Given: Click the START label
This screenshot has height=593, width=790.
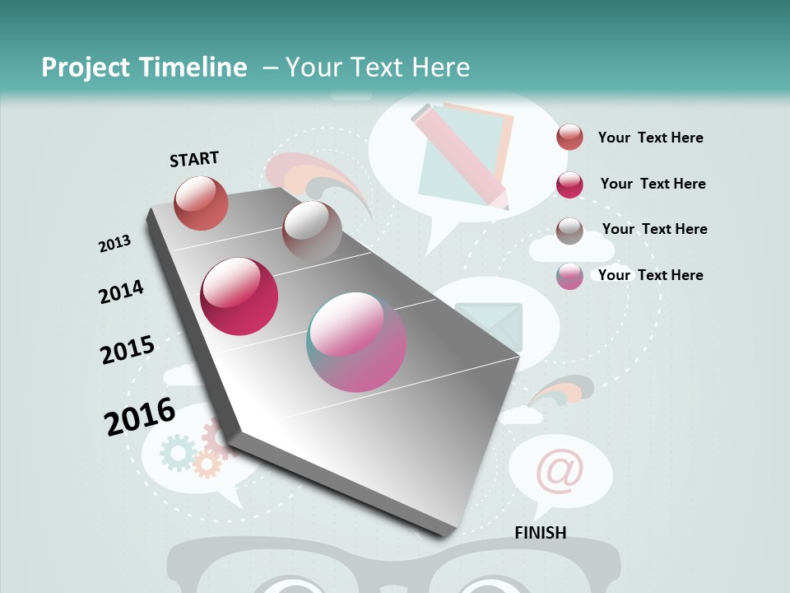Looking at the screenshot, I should tap(194, 158).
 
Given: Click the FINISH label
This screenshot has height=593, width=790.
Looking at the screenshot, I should tap(540, 532).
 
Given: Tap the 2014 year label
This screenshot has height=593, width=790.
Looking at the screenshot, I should tap(121, 292).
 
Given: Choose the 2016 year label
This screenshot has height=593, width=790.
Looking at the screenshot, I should tap(139, 416).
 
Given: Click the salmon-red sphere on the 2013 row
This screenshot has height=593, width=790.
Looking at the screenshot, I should tap(201, 203).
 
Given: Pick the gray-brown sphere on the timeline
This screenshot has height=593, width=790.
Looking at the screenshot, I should tap(312, 231).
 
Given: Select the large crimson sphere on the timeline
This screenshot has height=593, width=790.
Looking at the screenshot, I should tap(239, 296).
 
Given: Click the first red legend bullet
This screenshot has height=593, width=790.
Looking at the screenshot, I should tap(569, 137).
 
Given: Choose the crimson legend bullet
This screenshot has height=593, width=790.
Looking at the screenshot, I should tap(569, 184).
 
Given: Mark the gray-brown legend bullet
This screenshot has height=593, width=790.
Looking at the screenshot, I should tap(569, 230).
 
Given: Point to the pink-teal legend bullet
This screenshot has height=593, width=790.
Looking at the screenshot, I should tap(569, 276).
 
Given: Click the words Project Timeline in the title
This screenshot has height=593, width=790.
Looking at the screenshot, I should tap(144, 68).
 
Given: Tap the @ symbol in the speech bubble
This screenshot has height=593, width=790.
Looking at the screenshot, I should tap(560, 470).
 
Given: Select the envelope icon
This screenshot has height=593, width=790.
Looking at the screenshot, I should tap(489, 326).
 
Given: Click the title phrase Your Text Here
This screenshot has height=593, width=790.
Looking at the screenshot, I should tap(377, 68).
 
